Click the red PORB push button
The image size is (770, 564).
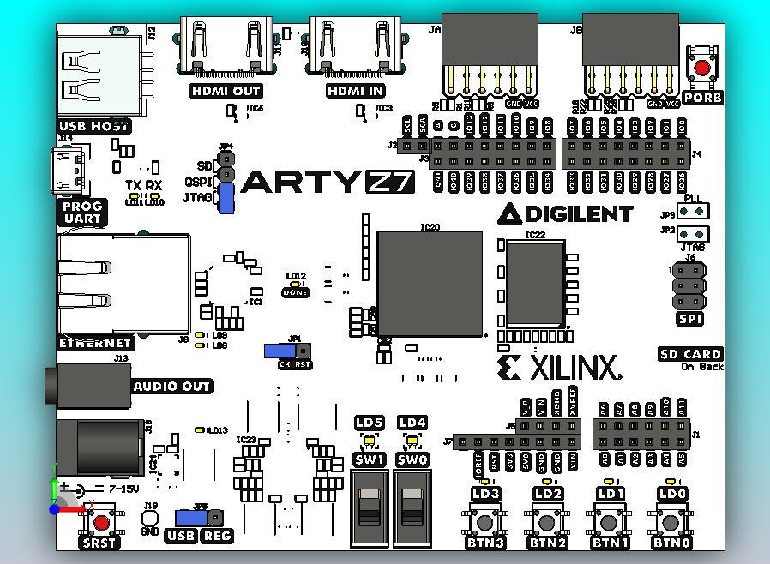point(703,69)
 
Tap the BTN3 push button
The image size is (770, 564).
point(486,521)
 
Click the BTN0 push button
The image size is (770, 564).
point(672,521)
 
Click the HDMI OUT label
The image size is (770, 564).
point(225,91)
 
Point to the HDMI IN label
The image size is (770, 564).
point(356,91)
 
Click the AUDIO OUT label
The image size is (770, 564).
point(171,387)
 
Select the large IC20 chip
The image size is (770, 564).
point(418,283)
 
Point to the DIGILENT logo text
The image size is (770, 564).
point(567,213)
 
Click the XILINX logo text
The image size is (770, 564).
point(558,369)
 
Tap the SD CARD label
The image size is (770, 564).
point(690,354)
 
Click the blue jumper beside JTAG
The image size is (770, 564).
point(226,199)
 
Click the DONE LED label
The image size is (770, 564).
point(295,292)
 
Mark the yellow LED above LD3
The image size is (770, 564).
point(485,481)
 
